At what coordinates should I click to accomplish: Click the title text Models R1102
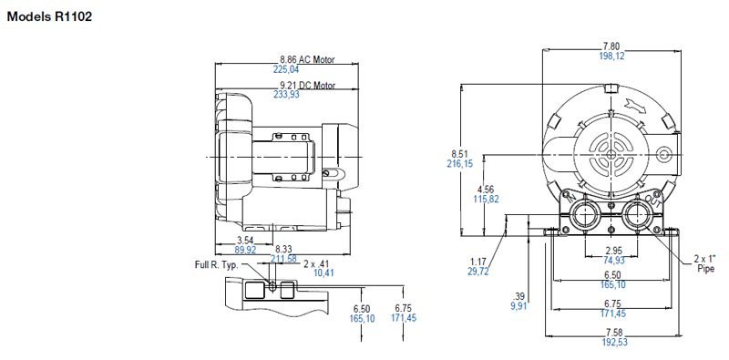(x=49, y=16)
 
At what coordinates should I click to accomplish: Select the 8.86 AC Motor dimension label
(x=307, y=59)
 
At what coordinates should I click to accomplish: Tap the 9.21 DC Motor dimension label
(x=307, y=86)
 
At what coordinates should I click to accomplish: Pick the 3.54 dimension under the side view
(x=245, y=239)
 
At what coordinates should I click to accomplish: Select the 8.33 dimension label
(x=284, y=248)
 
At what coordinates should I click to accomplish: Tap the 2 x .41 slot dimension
(x=316, y=263)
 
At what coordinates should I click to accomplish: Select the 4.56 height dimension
(x=484, y=189)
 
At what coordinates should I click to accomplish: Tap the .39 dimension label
(x=520, y=297)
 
